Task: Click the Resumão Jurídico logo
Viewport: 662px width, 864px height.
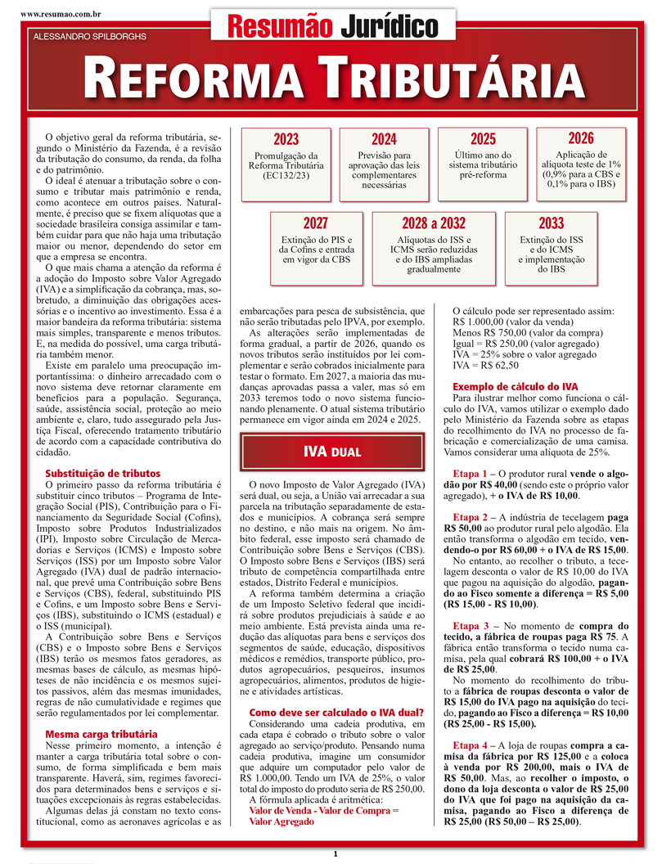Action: pyautogui.click(x=331, y=26)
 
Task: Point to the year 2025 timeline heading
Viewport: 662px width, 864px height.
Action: pyautogui.click(x=483, y=140)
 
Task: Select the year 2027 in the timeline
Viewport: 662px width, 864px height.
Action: pyautogui.click(x=315, y=223)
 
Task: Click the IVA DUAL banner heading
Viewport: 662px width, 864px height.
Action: pyautogui.click(x=331, y=452)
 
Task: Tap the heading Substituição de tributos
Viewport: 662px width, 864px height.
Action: pyautogui.click(x=102, y=474)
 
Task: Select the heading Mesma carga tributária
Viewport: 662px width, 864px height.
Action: pyautogui.click(x=101, y=735)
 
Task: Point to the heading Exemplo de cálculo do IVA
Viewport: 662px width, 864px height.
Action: pyautogui.click(x=516, y=385)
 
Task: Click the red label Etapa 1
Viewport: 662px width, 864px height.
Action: pyautogui.click(x=474, y=474)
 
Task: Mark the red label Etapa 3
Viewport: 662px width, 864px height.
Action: pyautogui.click(x=474, y=602)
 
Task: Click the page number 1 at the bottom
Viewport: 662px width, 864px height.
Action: pyautogui.click(x=335, y=855)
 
